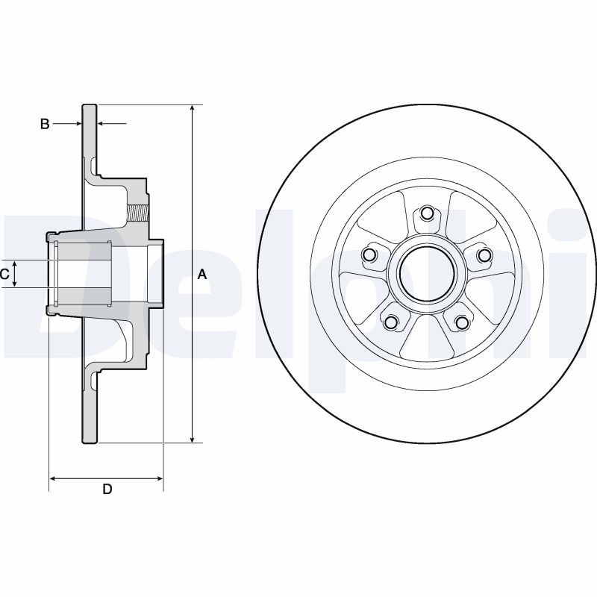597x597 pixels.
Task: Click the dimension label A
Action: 201,275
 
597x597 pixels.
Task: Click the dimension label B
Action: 45,124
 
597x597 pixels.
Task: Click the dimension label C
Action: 4,275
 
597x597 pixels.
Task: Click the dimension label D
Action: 107,490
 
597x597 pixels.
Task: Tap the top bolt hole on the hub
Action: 426,214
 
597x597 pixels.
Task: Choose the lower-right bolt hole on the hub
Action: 462,322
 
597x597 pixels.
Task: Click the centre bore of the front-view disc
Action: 426,274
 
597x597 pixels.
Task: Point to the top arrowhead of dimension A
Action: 193,109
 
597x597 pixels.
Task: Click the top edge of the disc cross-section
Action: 90,105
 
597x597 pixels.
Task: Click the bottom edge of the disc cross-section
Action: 90,443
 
